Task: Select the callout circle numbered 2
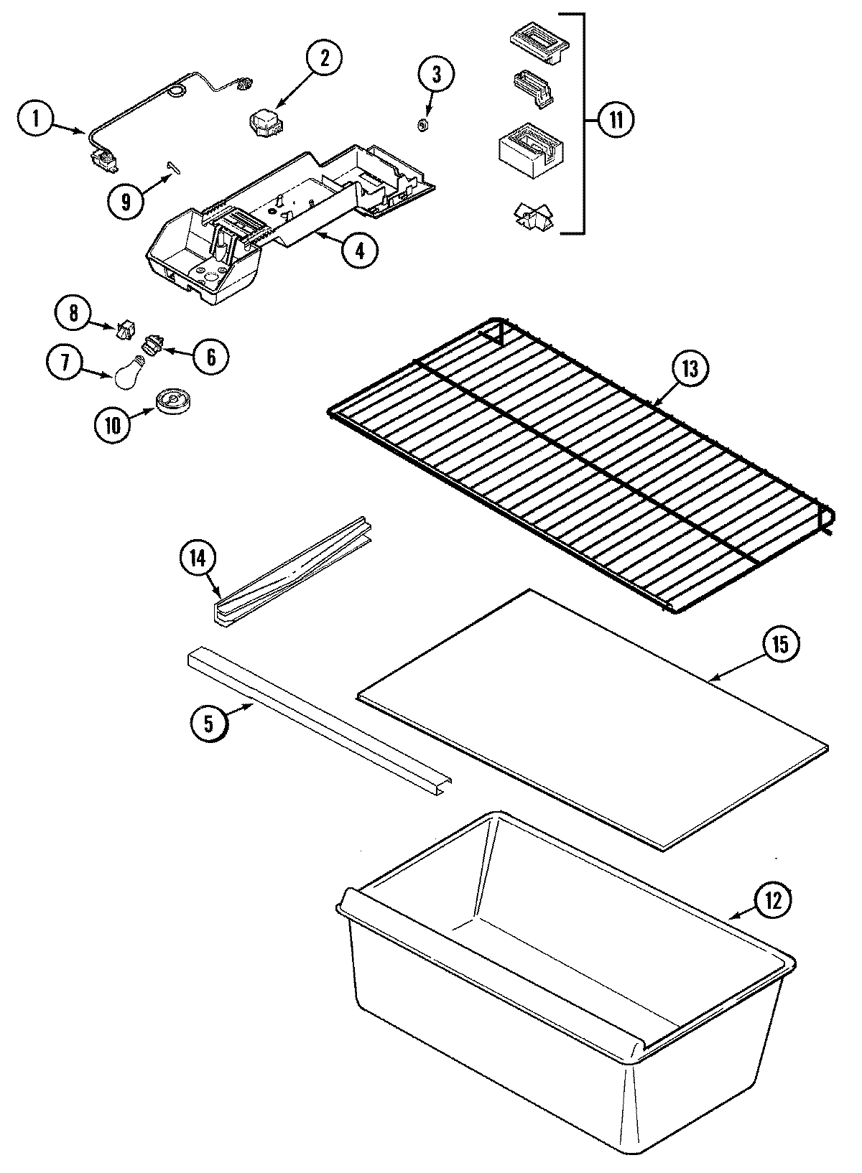coord(325,60)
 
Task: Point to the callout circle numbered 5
coord(208,723)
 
